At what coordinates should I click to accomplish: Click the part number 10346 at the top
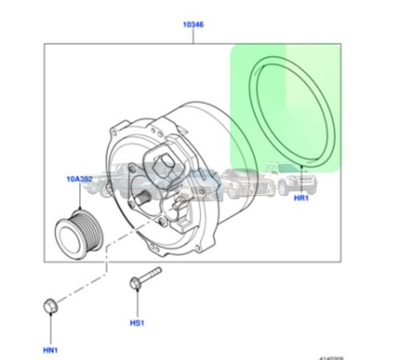(192, 25)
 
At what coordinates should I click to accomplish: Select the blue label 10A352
(79, 182)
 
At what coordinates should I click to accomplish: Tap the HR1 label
(301, 198)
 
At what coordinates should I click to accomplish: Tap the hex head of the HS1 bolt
(134, 282)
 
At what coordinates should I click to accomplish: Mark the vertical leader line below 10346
(192, 38)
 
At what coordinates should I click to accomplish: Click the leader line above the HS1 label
(136, 306)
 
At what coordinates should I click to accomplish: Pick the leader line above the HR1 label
(301, 180)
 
